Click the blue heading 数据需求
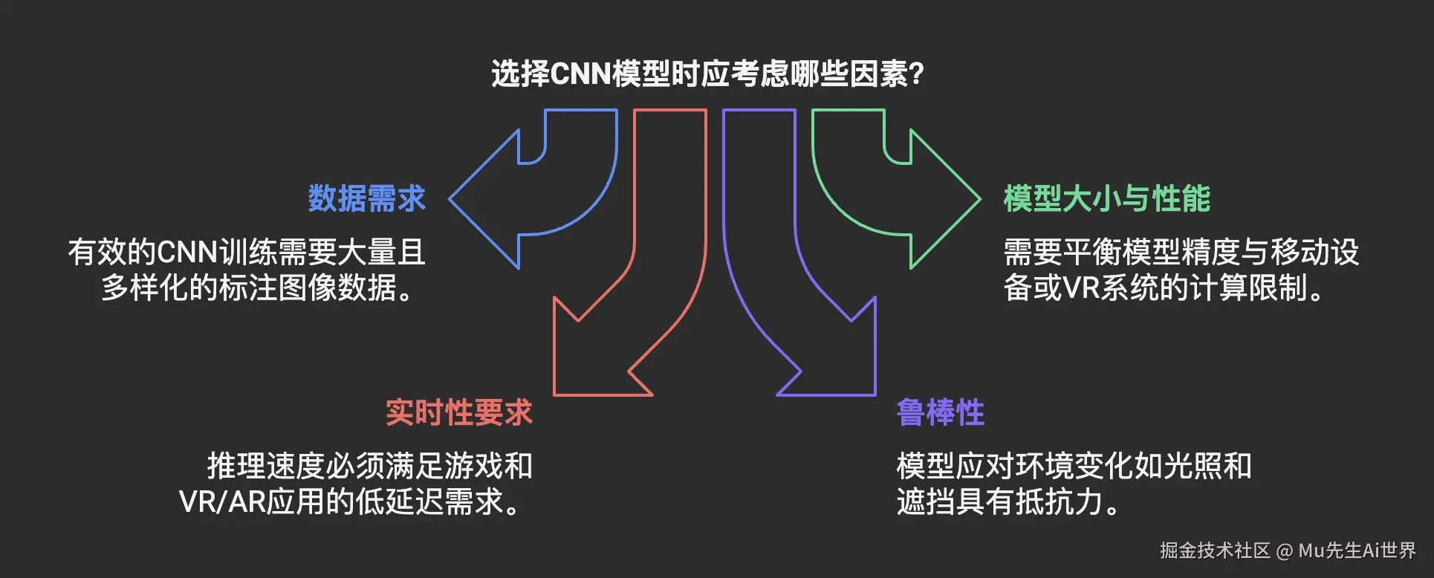(366, 199)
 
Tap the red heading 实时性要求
(459, 413)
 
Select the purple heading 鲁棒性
(940, 413)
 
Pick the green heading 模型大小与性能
(1106, 199)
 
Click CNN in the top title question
(580, 74)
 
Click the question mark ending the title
(916, 74)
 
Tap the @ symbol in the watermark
(1285, 551)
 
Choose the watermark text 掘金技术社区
(1215, 551)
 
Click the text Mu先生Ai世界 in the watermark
(1357, 551)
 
